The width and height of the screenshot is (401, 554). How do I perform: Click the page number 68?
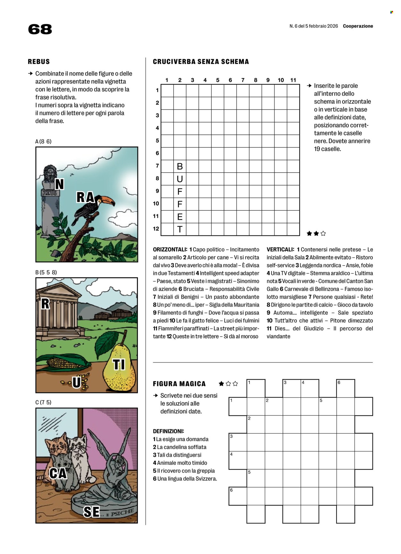pos(40,29)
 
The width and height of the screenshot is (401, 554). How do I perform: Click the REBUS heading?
pos(39,62)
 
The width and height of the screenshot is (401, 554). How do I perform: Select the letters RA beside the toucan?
pos(85,197)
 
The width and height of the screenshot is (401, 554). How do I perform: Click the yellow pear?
pos(119,369)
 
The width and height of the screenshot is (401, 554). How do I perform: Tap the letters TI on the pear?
pos(119,365)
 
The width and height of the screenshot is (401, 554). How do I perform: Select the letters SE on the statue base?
pos(91,512)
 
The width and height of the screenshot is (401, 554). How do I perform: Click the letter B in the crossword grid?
pos(180,166)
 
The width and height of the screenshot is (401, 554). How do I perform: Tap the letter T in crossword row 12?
pos(180,229)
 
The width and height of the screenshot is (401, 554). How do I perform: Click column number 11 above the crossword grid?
pos(293,80)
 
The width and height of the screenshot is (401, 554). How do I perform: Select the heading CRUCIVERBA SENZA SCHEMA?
pos(201,62)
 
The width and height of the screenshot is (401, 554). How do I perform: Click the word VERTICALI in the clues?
pos(280,250)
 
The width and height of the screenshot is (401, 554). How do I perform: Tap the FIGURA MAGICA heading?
pos(179,384)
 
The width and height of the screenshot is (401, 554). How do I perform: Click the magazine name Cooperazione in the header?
pos(358,26)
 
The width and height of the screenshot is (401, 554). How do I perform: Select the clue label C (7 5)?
pos(43,402)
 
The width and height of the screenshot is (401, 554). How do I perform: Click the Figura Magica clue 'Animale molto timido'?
pos(182,463)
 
